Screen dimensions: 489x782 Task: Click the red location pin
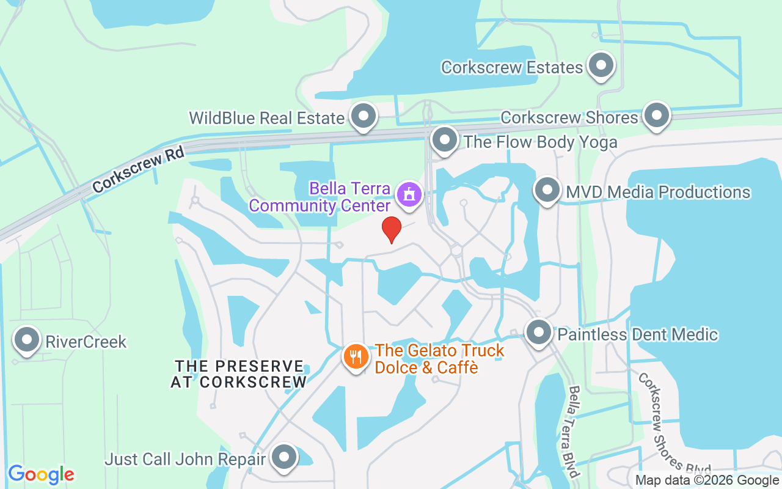click(391, 229)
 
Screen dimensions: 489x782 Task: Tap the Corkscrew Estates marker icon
click(601, 65)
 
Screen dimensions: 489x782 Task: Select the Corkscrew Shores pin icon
click(657, 116)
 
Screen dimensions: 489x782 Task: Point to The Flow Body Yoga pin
click(445, 141)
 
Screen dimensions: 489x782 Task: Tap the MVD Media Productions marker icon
click(547, 191)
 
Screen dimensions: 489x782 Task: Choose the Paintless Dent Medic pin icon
click(539, 333)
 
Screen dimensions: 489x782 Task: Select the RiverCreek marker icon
click(27, 340)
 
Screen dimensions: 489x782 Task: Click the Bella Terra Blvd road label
click(573, 432)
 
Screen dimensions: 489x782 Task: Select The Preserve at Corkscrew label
click(239, 374)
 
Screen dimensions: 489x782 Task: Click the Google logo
click(41, 474)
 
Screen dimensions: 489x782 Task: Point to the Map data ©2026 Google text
click(706, 480)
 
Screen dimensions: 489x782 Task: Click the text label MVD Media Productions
click(658, 192)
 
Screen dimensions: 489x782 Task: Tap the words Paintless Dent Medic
click(638, 334)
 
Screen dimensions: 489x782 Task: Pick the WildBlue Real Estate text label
click(267, 118)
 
